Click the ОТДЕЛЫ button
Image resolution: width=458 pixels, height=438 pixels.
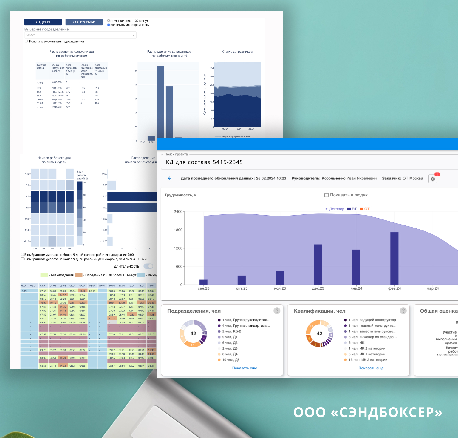point(43,22)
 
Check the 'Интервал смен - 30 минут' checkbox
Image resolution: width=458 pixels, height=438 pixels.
point(109,21)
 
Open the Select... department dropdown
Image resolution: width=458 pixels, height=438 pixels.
point(80,35)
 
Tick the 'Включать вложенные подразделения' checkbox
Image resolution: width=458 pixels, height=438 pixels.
point(27,42)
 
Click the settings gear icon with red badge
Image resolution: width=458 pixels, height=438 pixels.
point(433,179)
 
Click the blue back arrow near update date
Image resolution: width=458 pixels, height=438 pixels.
point(170,179)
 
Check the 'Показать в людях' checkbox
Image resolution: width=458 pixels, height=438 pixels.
point(327,195)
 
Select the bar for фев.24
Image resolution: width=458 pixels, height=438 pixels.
point(394,258)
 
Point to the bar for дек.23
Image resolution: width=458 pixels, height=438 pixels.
point(318,264)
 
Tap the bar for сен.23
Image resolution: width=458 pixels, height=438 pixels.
point(203,282)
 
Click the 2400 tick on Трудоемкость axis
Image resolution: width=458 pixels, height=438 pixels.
point(178,212)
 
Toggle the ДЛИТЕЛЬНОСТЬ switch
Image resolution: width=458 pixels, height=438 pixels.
point(148,266)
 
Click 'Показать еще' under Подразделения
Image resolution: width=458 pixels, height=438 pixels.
point(245,368)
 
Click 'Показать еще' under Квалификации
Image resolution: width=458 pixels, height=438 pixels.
point(371,368)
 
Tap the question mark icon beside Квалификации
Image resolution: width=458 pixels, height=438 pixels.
point(403,311)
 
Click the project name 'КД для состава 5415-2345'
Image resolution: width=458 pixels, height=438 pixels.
point(204,162)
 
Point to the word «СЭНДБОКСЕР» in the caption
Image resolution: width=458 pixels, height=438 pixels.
point(386,412)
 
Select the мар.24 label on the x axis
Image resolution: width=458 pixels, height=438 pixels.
point(432,288)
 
